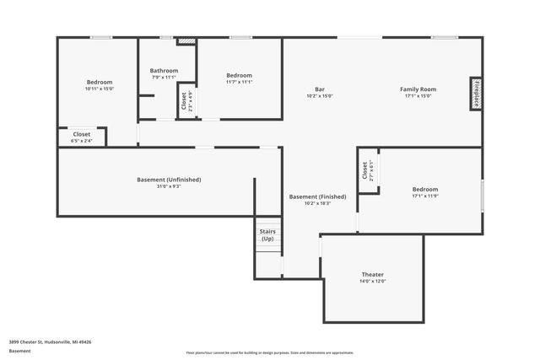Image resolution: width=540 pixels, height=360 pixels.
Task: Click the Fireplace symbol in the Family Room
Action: pyautogui.click(x=477, y=94)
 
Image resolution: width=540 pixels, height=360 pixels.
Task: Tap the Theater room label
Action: pyautogui.click(x=372, y=275)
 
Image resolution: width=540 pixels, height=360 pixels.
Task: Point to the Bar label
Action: pyautogui.click(x=320, y=89)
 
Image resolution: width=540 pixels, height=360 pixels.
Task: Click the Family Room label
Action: pyautogui.click(x=418, y=89)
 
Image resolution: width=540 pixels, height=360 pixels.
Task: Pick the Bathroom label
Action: pyautogui.click(x=164, y=70)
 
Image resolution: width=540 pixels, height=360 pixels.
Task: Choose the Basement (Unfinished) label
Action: pyautogui.click(x=169, y=179)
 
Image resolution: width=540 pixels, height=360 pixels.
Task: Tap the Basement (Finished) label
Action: pyautogui.click(x=316, y=196)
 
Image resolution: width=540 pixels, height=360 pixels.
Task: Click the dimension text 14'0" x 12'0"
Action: pyautogui.click(x=372, y=282)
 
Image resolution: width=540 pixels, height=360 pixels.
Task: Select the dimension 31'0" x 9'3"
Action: pyautogui.click(x=169, y=186)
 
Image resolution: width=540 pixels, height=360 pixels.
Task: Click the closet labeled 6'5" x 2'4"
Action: pyautogui.click(x=81, y=137)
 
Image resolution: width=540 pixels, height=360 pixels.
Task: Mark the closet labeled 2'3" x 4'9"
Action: pyautogui.click(x=185, y=101)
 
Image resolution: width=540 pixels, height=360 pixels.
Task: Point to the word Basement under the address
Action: pyautogui.click(x=20, y=351)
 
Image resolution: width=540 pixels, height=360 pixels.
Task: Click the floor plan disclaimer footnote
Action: pyautogui.click(x=269, y=352)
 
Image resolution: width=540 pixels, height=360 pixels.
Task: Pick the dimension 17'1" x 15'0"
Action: pyautogui.click(x=418, y=96)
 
